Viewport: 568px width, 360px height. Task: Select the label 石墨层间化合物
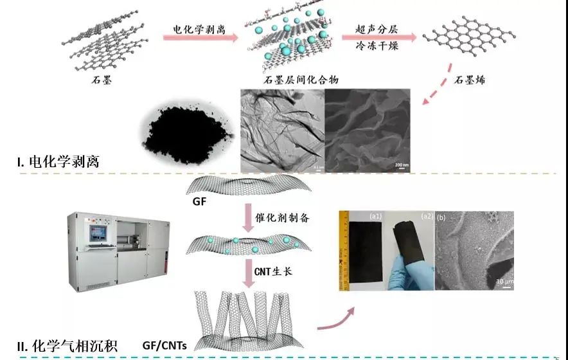coord(301,80)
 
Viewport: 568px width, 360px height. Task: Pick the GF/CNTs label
coord(164,346)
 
